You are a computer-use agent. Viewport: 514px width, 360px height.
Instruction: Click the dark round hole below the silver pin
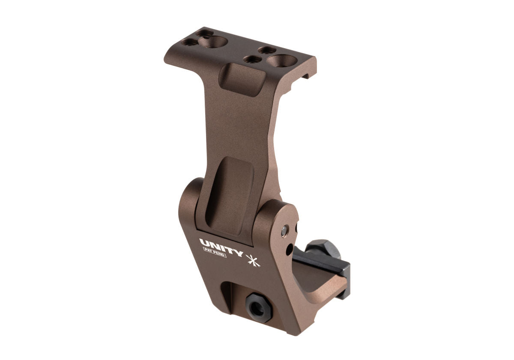(290, 248)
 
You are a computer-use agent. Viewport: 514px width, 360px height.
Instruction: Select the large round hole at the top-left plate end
(217, 42)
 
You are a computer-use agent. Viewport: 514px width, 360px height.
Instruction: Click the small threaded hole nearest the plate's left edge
(187, 42)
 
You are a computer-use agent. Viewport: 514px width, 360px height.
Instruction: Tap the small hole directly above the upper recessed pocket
(251, 59)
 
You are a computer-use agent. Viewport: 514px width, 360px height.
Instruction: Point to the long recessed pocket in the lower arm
(232, 193)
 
